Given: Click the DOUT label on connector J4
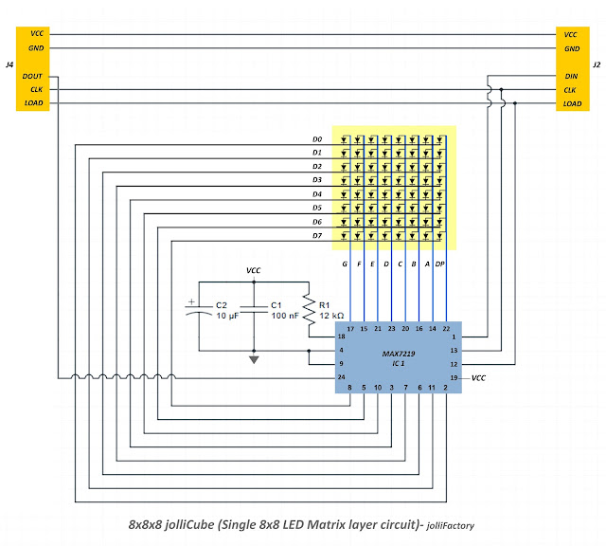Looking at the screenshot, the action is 32,76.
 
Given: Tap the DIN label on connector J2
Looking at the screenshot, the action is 571,76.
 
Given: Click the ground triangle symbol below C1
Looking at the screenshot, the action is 254,360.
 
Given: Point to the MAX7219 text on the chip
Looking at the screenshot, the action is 399,354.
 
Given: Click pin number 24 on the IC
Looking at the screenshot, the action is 341,377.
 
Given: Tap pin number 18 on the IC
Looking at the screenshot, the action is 341,337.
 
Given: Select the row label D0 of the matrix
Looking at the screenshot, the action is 317,139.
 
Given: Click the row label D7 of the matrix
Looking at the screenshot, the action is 317,236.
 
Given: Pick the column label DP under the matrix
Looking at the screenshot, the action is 439,264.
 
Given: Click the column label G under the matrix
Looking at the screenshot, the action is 345,264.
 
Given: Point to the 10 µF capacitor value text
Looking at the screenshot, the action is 227,316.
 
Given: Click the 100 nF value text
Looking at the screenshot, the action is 285,316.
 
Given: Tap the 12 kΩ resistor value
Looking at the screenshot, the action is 331,316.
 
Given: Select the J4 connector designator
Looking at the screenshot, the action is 9,64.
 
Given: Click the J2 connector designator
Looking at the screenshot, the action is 597,64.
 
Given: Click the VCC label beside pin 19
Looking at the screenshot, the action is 478,378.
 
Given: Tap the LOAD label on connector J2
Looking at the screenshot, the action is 572,103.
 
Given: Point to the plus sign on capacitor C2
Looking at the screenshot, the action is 191,301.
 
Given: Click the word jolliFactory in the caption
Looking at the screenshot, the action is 451,526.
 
